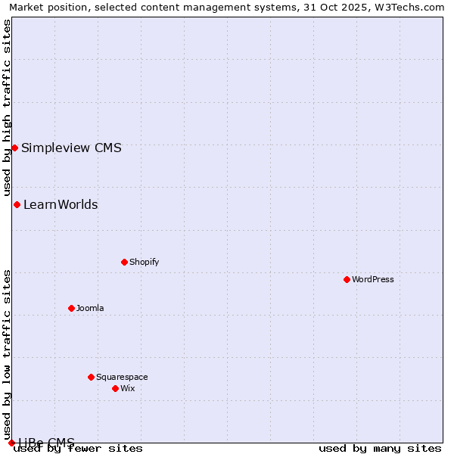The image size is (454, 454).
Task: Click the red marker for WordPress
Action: [x=347, y=279]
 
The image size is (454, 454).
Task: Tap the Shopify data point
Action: [x=124, y=262]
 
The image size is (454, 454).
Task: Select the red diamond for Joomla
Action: [x=71, y=308]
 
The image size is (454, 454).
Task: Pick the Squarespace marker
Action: [x=91, y=377]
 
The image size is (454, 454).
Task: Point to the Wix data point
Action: [x=115, y=388]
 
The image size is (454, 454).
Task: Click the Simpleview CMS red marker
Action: [x=14, y=148]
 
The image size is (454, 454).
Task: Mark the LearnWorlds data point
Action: [x=17, y=204]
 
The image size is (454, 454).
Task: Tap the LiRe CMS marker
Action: [x=11, y=443]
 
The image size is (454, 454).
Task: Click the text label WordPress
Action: [x=373, y=279]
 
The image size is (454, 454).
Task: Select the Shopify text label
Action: [x=144, y=262]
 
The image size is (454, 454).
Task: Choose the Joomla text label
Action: [x=90, y=308]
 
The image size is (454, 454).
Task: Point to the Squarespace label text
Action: [x=122, y=377]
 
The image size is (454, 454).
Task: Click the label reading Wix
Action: [x=127, y=388]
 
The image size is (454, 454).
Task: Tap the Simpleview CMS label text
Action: [x=71, y=148]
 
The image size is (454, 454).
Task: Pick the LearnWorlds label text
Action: [x=61, y=204]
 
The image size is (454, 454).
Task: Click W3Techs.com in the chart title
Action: [x=409, y=7]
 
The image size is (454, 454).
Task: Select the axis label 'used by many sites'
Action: [x=380, y=448]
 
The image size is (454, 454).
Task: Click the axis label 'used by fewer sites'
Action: [x=78, y=448]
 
